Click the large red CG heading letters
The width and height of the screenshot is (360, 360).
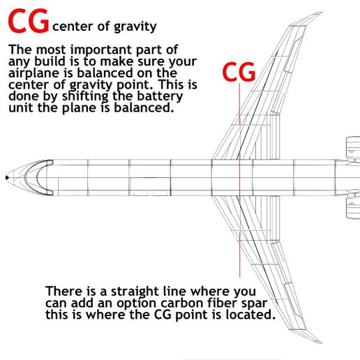pyautogui.click(x=29, y=21)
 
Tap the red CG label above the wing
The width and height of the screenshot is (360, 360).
pyautogui.click(x=239, y=72)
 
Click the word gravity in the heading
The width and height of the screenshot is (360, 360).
pyautogui.click(x=135, y=27)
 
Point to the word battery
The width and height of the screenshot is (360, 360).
pyautogui.click(x=160, y=96)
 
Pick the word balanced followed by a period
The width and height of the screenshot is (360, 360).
pyautogui.click(x=144, y=107)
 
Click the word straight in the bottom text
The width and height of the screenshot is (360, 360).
pyautogui.click(x=131, y=292)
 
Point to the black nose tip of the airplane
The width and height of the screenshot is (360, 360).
pyautogui.click(x=7, y=178)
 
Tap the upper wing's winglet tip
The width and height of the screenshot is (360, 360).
pyautogui.click(x=322, y=13)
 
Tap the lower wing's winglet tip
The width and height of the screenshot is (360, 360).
pyautogui.click(x=322, y=342)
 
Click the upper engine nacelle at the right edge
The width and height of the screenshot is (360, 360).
pyautogui.click(x=352, y=148)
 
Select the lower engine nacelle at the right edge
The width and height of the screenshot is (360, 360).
pyautogui.click(x=352, y=207)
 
